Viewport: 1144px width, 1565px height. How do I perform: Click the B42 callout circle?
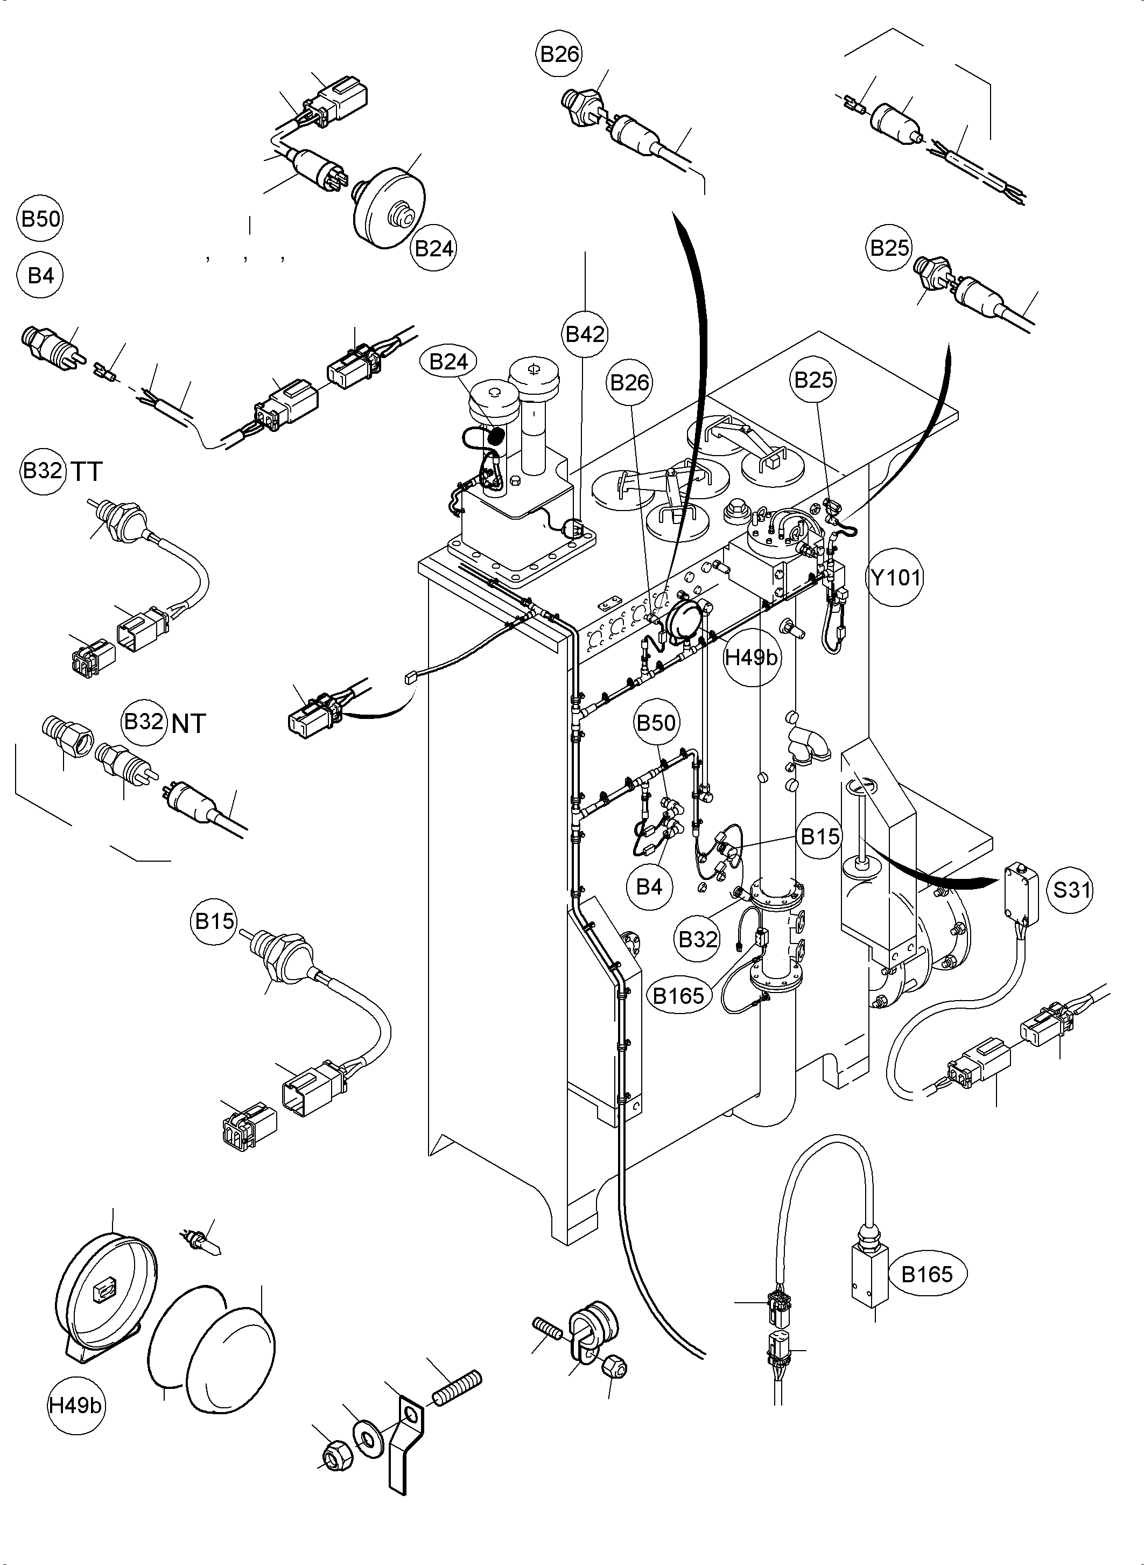tap(585, 334)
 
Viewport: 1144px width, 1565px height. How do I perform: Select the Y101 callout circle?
tap(895, 576)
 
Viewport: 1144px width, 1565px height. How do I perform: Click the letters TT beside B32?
tap(87, 472)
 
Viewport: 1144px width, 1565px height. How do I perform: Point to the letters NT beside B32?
tap(188, 724)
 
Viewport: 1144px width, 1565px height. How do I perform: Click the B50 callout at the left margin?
tap(40, 219)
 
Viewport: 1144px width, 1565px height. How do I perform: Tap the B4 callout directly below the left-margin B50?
tap(40, 276)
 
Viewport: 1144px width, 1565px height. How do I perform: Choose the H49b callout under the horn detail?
tap(75, 1406)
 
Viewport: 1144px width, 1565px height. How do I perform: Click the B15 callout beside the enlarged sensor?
tap(215, 921)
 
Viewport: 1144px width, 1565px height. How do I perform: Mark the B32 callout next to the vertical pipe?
tap(697, 939)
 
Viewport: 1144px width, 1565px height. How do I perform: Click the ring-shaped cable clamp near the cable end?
tap(593, 1331)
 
